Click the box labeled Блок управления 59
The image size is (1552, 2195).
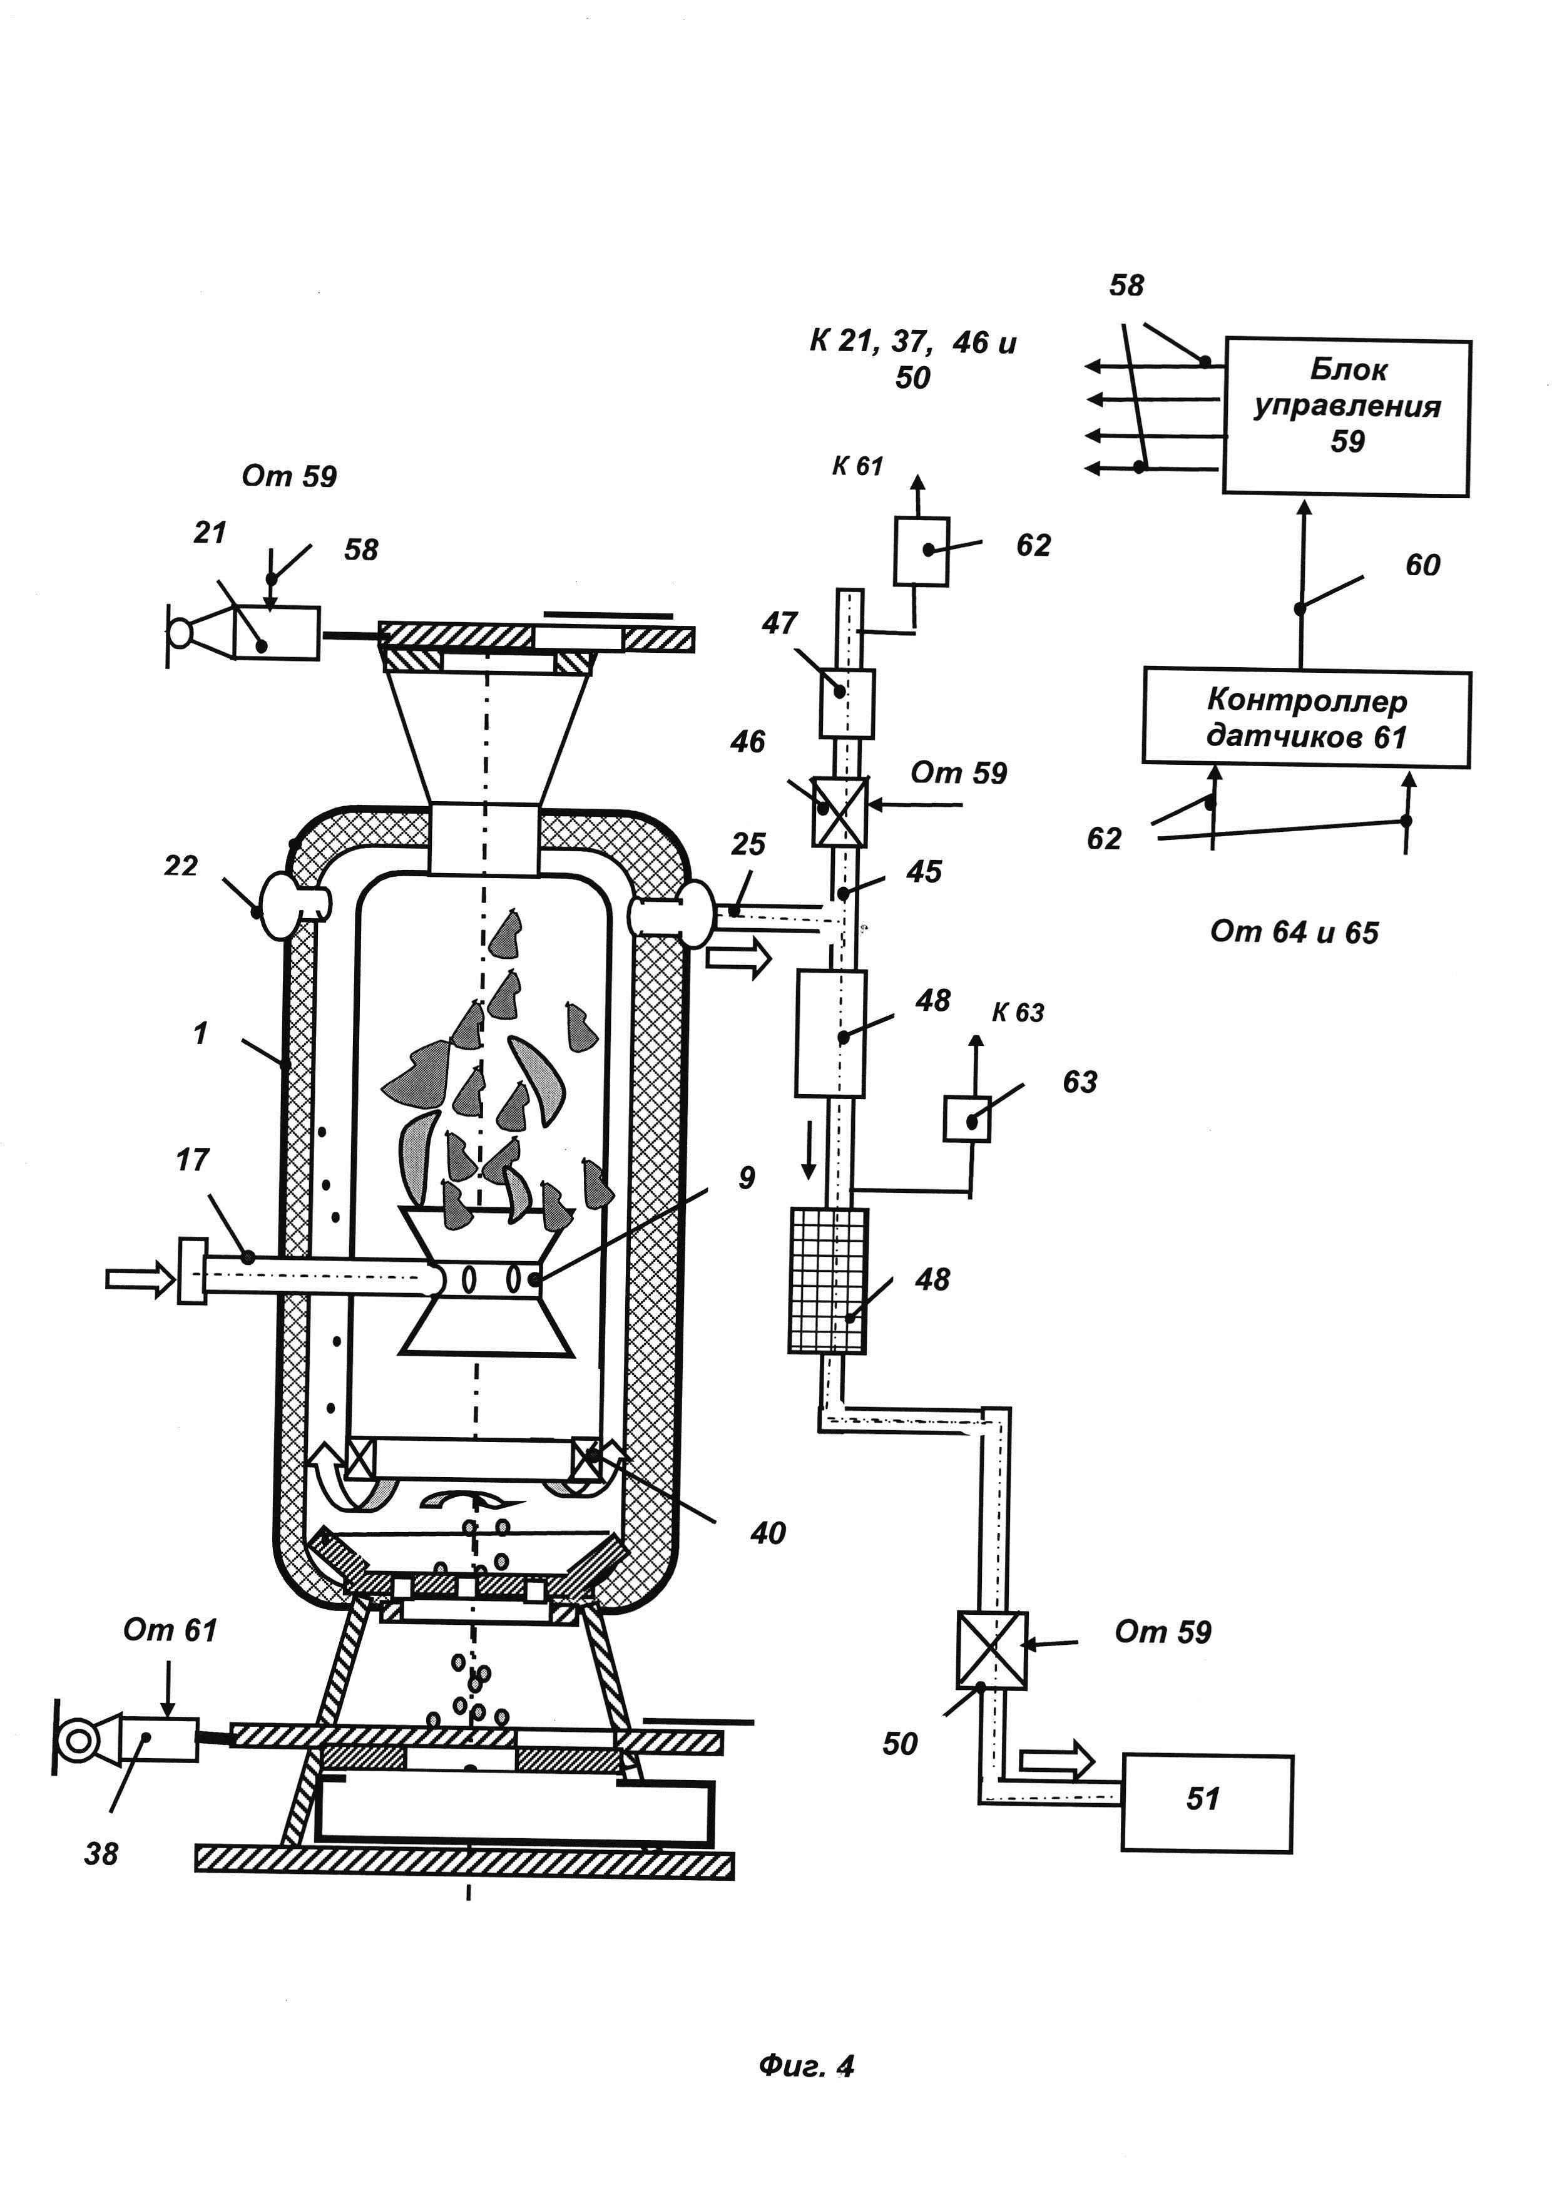[x=1347, y=417]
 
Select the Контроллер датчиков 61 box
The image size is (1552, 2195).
[x=1307, y=718]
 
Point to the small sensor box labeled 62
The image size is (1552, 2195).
[x=921, y=551]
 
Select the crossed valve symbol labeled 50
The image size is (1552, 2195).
[x=992, y=1650]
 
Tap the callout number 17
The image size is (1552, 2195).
[x=192, y=1159]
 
